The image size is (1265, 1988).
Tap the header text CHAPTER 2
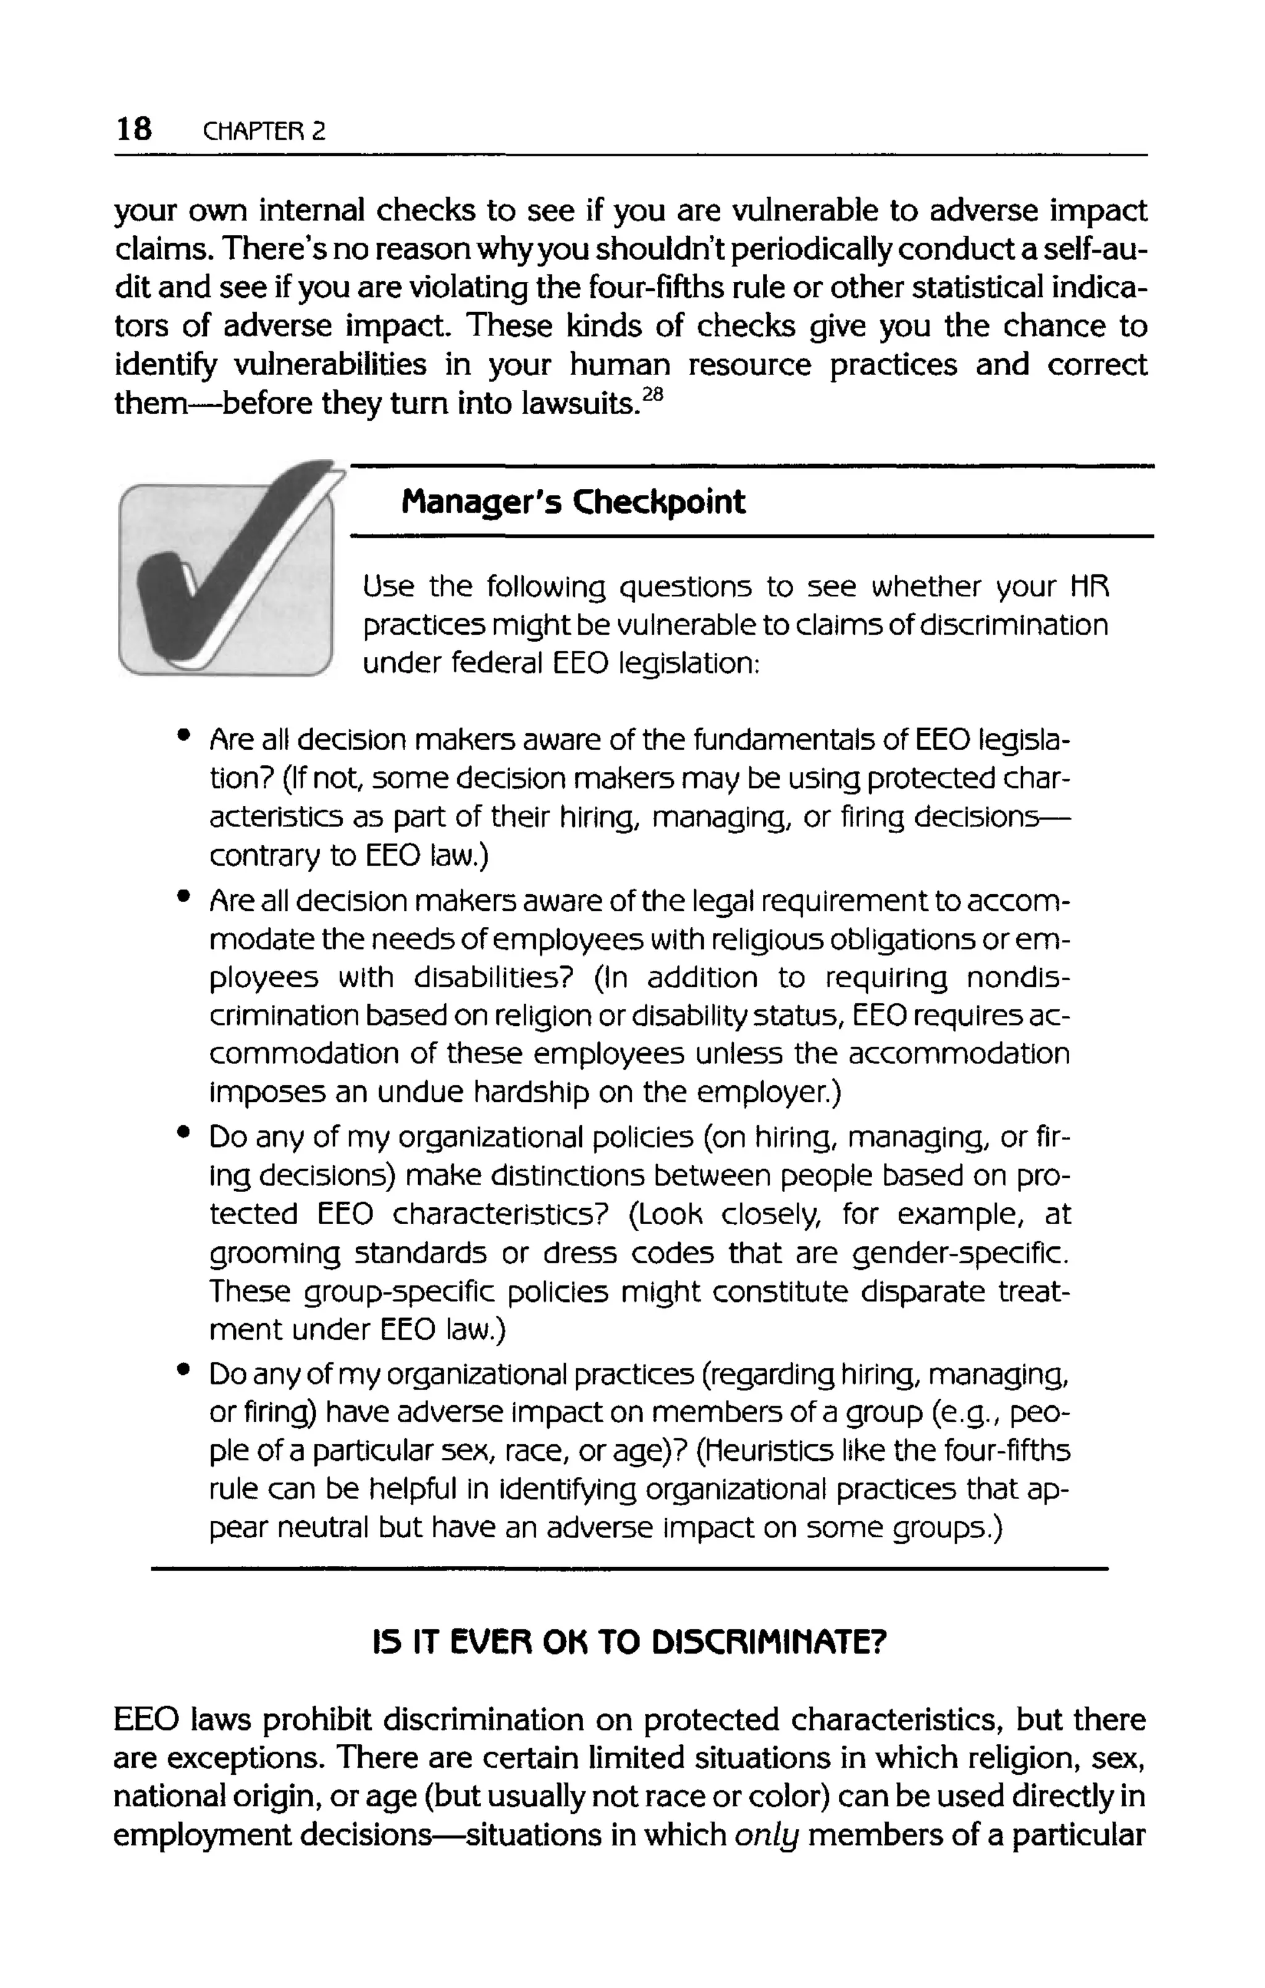pos(264,131)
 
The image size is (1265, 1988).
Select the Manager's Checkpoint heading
pos(573,502)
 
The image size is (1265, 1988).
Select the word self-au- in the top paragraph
pos(1088,249)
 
